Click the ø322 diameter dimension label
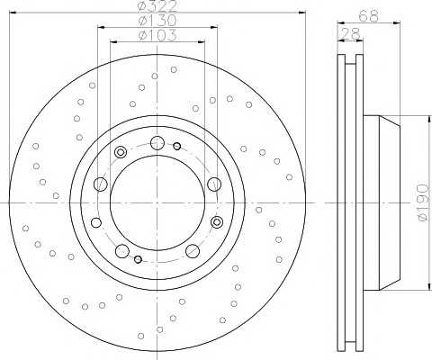[x=157, y=6]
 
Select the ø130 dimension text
[x=157, y=21]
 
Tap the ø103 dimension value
[x=157, y=35]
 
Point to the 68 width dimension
[x=368, y=16]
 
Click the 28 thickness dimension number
[x=350, y=33]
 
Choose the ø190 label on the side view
[x=424, y=202]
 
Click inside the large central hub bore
[x=157, y=202]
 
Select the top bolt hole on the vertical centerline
[x=157, y=143]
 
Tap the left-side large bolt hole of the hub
[x=101, y=184]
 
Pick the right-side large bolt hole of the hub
[x=214, y=184]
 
